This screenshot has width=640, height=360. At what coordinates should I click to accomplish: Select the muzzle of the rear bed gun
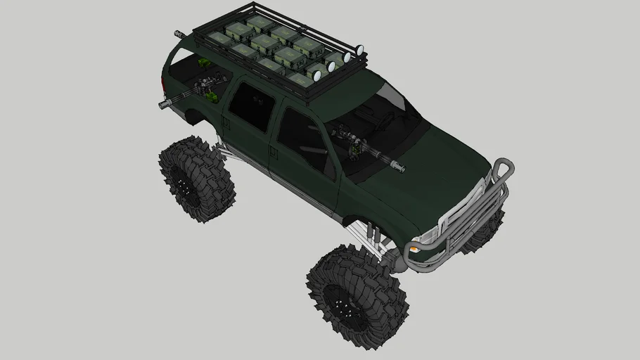165,105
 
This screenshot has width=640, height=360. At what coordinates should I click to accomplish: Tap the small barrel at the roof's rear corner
180,33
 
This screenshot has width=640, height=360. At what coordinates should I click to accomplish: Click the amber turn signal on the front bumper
416,247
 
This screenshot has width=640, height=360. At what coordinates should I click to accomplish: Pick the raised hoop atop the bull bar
502,167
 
